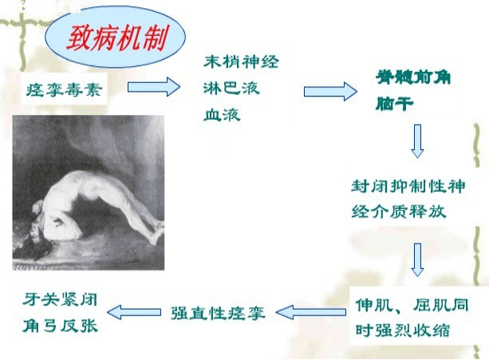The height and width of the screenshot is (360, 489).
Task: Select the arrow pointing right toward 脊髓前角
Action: point(329,91)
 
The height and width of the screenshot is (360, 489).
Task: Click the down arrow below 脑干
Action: point(416,141)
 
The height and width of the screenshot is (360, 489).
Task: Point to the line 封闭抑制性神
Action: point(408,187)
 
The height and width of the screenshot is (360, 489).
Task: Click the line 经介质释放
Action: point(398,212)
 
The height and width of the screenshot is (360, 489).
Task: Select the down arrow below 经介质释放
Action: point(416,258)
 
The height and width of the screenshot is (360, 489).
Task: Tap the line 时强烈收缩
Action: point(404,330)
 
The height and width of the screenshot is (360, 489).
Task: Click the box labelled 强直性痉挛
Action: point(216,311)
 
